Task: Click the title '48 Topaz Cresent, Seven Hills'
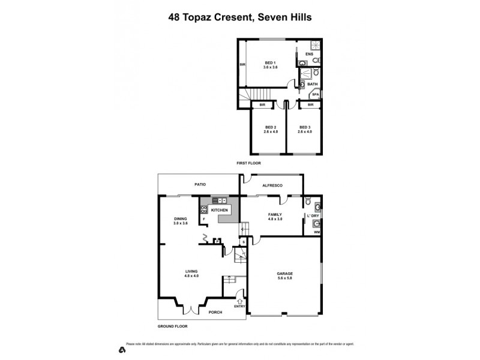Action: [240, 17]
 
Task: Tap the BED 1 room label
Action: [270, 63]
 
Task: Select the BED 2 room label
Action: [271, 127]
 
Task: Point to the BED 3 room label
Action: [305, 127]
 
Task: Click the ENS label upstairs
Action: [310, 54]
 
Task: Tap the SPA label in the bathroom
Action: [315, 94]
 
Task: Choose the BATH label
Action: [313, 84]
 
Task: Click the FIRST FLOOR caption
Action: [248, 163]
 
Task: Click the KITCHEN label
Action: [219, 210]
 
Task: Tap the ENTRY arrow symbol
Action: [241, 301]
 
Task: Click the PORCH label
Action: [215, 312]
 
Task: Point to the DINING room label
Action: [181, 219]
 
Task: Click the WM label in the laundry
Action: [316, 232]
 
